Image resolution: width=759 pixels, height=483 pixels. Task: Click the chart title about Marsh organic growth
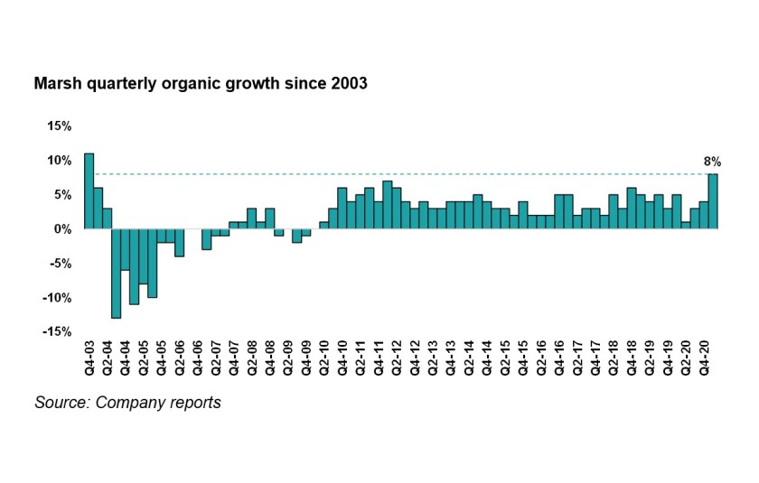[200, 84]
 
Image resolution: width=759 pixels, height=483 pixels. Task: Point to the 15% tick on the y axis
[60, 125]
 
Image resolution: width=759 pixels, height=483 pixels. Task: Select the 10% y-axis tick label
[60, 160]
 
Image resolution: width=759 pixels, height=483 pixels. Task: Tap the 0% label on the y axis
[63, 229]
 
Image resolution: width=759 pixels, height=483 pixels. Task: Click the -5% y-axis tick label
[61, 264]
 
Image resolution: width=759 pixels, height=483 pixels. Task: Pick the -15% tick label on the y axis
[57, 332]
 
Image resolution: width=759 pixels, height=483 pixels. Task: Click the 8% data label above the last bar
[712, 163]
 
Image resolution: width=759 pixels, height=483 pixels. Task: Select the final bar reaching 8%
[713, 201]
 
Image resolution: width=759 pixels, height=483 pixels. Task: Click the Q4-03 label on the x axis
[89, 358]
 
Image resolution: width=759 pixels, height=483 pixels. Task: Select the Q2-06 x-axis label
[180, 358]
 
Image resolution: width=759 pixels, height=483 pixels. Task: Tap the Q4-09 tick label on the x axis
[306, 358]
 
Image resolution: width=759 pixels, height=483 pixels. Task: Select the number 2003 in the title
[348, 84]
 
